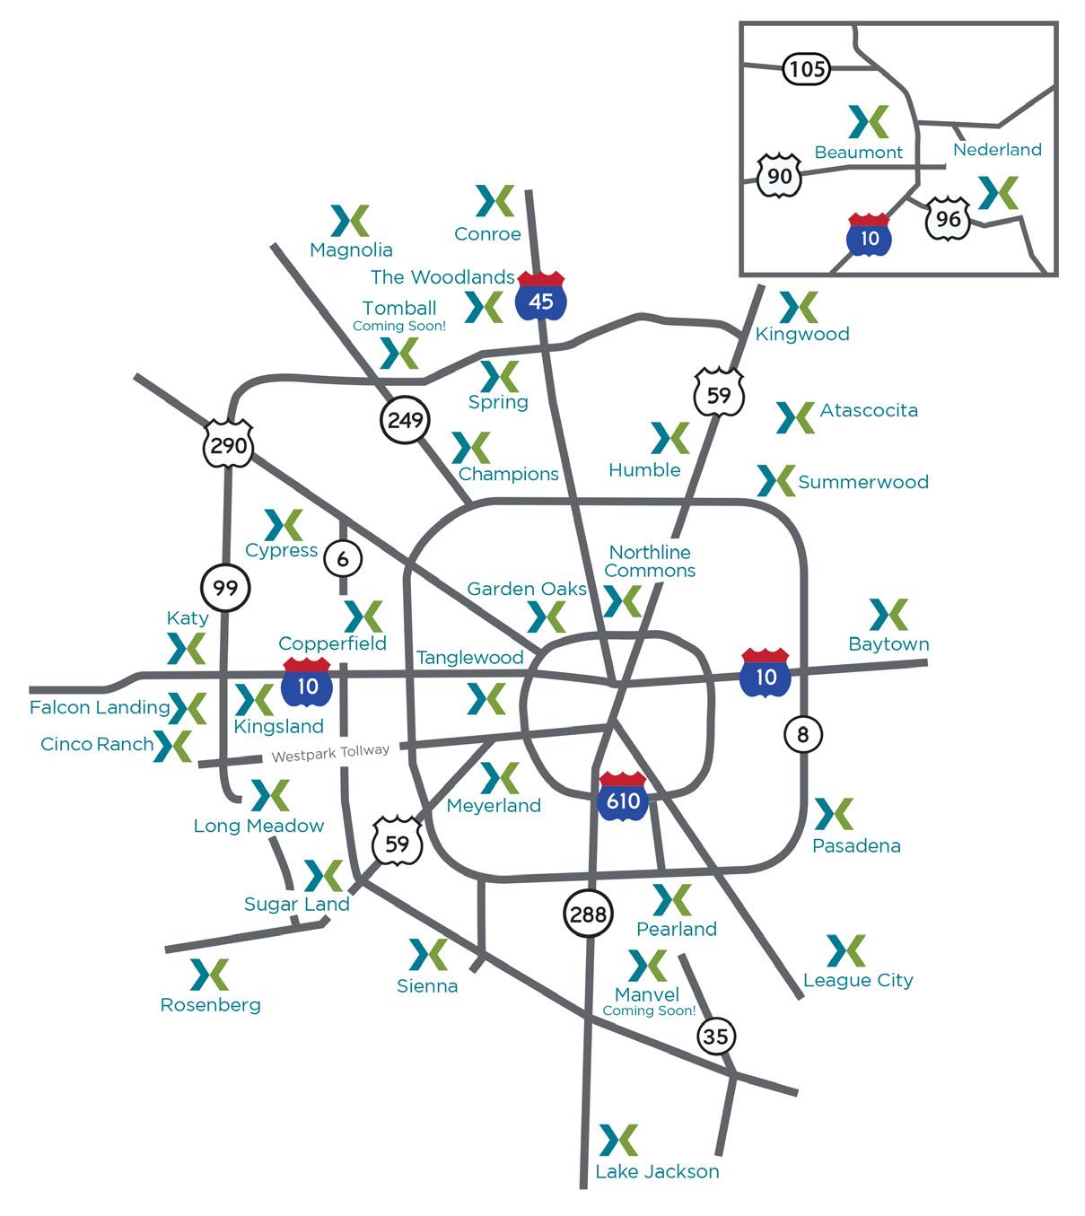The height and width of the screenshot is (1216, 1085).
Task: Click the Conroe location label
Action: coord(487,234)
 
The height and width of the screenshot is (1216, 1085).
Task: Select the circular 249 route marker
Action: coord(405,419)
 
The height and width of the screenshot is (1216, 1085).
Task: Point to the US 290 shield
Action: coord(228,442)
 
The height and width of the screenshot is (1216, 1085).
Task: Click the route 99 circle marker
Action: coord(225,589)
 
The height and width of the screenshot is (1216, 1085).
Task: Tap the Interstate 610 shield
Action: coord(622,795)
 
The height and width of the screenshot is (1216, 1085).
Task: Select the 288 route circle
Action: coord(588,914)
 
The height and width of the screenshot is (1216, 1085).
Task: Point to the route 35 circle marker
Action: coord(715,1037)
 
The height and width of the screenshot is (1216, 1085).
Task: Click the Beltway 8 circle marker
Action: coord(802,735)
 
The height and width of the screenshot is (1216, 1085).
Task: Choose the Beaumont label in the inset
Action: coord(858,153)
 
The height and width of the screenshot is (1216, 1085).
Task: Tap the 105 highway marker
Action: coord(807,69)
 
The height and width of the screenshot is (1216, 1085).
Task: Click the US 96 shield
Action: coord(948,219)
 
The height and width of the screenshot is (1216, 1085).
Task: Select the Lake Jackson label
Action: coord(657,1172)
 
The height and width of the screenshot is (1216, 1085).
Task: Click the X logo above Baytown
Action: coord(888,615)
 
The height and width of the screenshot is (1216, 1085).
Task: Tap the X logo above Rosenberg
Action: coord(210,975)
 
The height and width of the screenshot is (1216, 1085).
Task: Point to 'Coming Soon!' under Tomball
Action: coord(398,327)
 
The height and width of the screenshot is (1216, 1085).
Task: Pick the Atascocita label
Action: coord(869,411)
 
